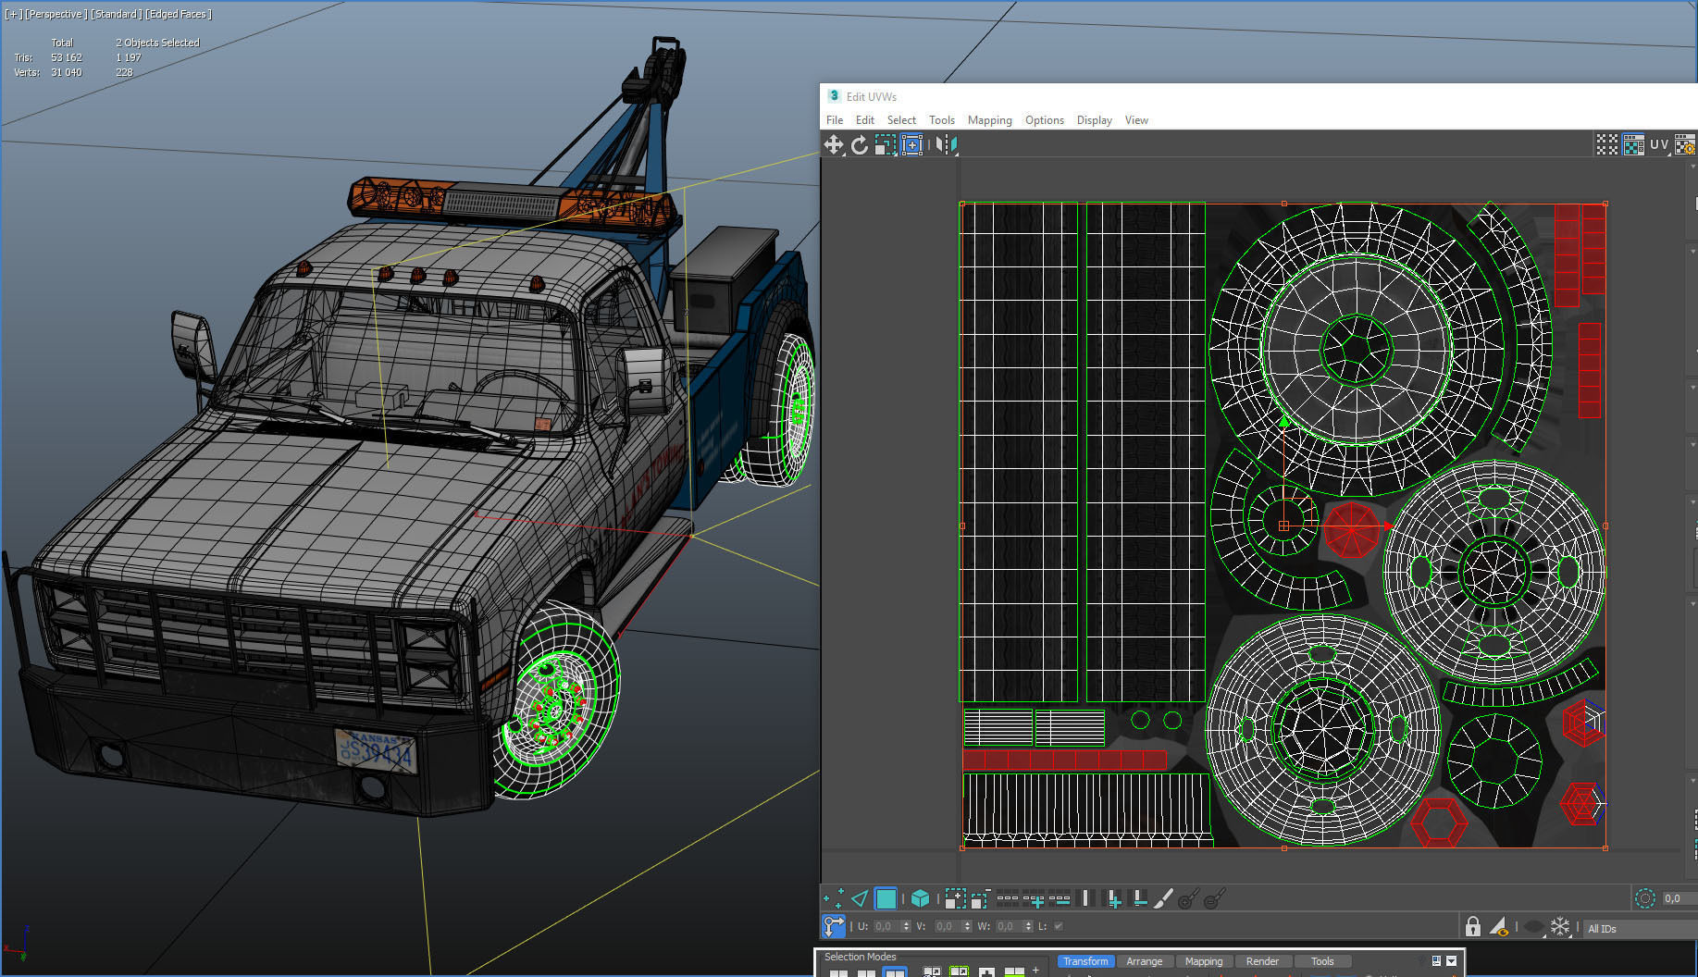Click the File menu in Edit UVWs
click(834, 120)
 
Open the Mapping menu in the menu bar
click(989, 120)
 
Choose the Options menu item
click(1044, 120)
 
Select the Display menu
click(1094, 120)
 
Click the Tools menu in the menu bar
click(941, 120)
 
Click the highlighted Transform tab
click(1084, 961)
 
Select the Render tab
click(1261, 961)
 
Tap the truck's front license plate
click(376, 751)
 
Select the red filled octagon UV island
click(1351, 529)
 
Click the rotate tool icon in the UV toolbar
click(860, 145)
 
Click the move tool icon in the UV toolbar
click(833, 145)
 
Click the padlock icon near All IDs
click(1472, 926)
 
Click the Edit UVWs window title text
click(871, 96)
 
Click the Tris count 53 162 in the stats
click(67, 57)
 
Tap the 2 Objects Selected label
click(157, 43)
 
